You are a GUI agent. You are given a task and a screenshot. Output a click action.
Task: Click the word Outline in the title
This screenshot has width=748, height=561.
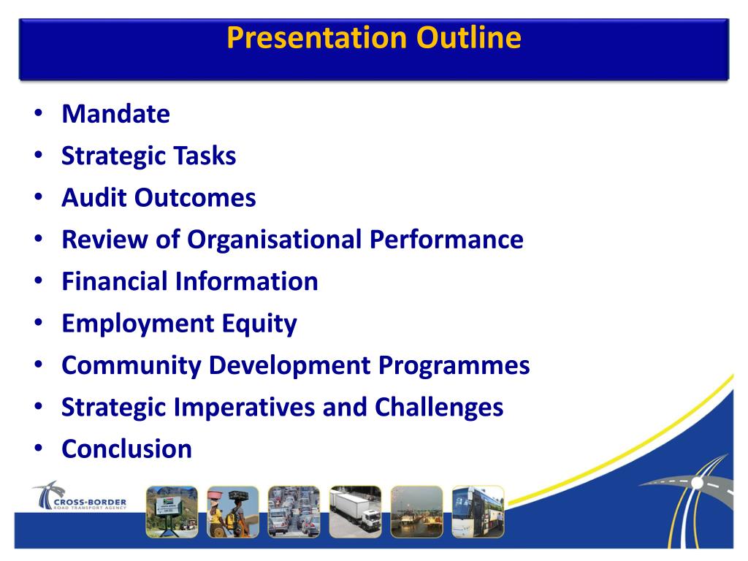tap(468, 37)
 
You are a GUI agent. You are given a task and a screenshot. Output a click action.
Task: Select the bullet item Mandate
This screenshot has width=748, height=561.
tap(116, 113)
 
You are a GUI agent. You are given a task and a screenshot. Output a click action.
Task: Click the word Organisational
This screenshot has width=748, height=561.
tap(275, 240)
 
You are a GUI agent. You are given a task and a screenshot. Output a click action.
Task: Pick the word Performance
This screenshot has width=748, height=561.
tap(446, 239)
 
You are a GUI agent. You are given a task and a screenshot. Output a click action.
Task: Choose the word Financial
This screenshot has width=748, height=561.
tap(115, 281)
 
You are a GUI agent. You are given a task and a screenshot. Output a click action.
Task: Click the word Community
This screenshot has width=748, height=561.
tap(131, 366)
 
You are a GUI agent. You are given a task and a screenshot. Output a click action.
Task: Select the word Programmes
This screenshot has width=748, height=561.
tap(454, 366)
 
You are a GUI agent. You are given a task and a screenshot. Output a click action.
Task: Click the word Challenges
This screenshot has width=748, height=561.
tap(439, 408)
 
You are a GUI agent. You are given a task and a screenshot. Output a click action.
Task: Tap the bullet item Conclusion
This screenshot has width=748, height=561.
tap(127, 449)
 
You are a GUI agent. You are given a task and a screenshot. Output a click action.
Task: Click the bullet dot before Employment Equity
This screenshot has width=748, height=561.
tap(39, 323)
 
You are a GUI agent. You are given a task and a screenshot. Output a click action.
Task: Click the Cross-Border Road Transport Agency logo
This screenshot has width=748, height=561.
tap(80, 496)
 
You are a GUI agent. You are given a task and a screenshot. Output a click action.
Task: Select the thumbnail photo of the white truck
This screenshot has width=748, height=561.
tap(356, 512)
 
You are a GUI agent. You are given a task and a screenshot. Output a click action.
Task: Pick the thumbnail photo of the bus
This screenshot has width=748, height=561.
tap(478, 512)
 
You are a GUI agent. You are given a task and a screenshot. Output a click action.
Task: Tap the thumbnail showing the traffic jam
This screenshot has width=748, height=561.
tap(294, 512)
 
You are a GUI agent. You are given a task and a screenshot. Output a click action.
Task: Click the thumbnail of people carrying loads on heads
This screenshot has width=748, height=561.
tap(233, 512)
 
